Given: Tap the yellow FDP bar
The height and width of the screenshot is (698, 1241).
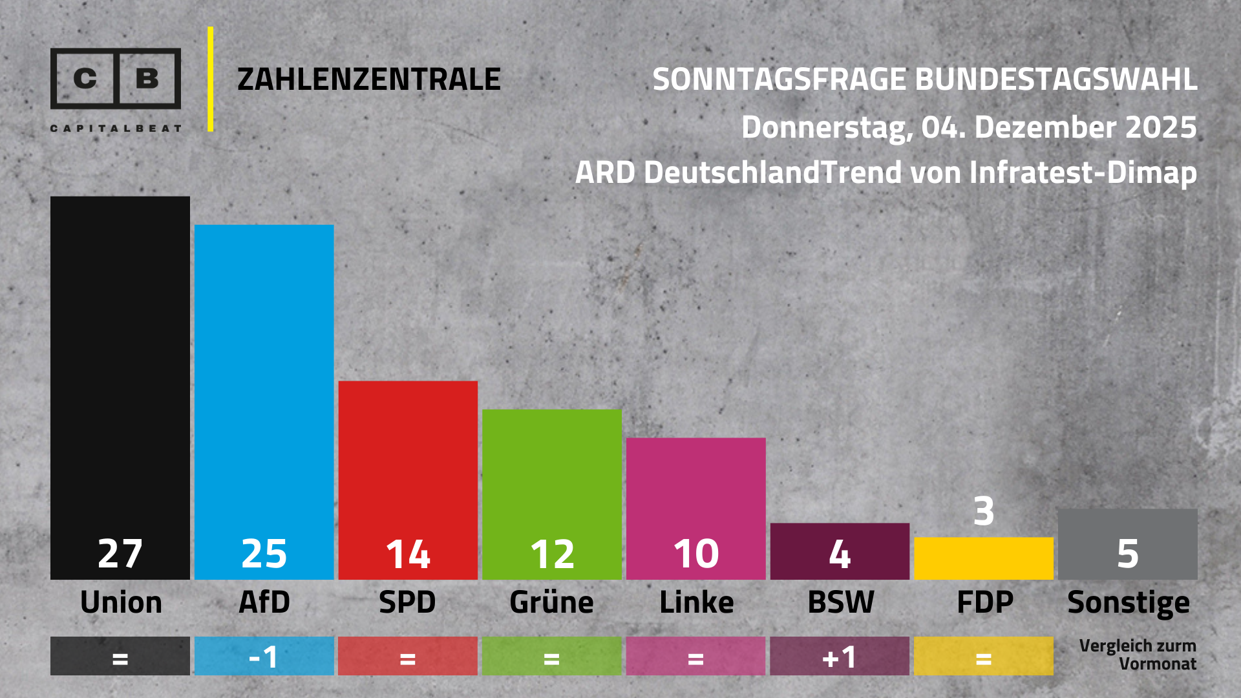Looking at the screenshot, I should pos(984,558).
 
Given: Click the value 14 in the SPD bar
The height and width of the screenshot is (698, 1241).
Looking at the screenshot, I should pos(408,554).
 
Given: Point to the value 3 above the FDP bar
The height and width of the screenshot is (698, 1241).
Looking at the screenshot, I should pos(984,511).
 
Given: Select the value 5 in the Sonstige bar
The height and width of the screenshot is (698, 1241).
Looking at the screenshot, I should pos(1128,554).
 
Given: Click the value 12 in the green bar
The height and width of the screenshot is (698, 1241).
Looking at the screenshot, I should pos(552,554).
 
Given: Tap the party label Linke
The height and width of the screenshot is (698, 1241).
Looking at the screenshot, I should pos(696,602).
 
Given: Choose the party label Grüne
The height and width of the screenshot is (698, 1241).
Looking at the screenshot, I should pos(551,602).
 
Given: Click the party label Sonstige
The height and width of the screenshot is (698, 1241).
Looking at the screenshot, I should pos(1128,602).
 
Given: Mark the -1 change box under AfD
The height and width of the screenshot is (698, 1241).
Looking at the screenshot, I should pos(264,657).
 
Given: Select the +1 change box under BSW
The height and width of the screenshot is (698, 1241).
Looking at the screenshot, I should pos(840,657).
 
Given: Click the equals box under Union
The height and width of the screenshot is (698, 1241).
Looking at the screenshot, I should pos(120,657).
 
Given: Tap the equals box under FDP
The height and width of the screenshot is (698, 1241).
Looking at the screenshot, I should pos(984,657).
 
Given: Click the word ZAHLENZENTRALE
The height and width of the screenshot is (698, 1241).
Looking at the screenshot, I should pos(368,79).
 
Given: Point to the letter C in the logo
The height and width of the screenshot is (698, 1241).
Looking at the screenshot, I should pos(85,78).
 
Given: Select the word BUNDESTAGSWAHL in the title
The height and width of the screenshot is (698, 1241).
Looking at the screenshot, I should pos(1056,79).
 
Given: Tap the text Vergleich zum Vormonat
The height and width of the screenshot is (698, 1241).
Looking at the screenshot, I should pos(1138,655).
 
